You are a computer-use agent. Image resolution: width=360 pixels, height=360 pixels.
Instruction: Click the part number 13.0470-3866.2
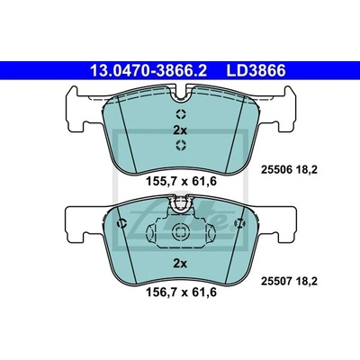(x=148, y=71)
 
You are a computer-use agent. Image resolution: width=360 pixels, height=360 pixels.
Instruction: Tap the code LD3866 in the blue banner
(x=256, y=71)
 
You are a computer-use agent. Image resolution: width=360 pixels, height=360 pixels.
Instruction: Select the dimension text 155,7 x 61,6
(x=181, y=182)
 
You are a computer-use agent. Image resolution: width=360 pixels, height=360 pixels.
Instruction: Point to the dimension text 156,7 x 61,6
(x=181, y=292)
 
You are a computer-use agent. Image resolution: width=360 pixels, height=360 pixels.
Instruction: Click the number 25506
(x=276, y=170)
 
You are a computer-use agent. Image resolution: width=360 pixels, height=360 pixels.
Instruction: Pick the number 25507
(x=276, y=282)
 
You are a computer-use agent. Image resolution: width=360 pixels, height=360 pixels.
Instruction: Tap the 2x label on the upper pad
(x=180, y=130)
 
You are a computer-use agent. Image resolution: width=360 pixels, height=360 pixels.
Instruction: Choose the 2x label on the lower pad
(x=180, y=264)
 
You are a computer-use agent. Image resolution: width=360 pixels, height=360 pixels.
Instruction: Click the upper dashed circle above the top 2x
(x=181, y=114)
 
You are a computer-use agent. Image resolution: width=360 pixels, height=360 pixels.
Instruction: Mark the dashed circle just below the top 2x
(x=181, y=145)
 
